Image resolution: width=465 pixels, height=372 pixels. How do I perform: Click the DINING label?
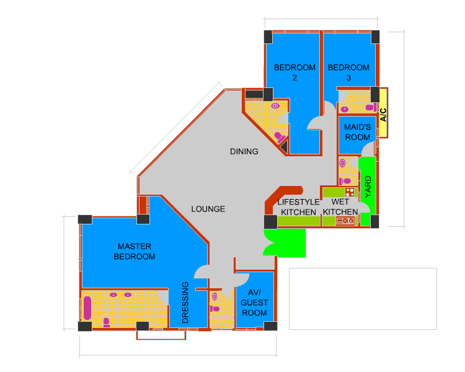[x=244, y=151]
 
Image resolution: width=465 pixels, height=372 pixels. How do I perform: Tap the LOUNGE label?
[x=208, y=209]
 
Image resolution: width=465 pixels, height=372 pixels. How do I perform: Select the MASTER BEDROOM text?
[x=135, y=251]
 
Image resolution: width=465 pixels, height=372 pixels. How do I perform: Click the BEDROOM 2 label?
[x=294, y=73]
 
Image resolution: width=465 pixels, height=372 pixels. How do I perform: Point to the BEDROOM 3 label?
[x=348, y=73]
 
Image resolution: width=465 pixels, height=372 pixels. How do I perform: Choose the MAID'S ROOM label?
[x=358, y=132]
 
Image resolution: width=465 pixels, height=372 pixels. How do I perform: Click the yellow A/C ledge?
[x=383, y=113]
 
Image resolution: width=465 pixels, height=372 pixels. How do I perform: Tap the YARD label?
[x=368, y=187]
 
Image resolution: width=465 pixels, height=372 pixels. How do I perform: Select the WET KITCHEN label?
[x=340, y=206]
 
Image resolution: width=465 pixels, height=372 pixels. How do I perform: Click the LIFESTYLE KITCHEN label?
[x=298, y=207]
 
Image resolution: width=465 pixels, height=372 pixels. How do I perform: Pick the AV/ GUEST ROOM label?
[x=254, y=303]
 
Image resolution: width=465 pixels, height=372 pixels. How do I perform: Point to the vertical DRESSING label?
[x=185, y=303]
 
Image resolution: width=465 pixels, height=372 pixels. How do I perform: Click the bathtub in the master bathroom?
[x=87, y=308]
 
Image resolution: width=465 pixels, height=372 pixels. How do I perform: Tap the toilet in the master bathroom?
[x=106, y=322]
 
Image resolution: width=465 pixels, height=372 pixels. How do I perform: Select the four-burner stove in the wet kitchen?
[x=350, y=192]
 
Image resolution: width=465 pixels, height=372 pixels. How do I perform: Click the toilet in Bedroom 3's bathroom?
[x=371, y=107]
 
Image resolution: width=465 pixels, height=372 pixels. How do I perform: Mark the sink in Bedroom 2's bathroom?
[x=275, y=106]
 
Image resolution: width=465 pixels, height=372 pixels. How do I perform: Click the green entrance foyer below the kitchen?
[x=285, y=242]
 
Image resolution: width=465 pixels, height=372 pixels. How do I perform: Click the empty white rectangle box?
[x=363, y=299]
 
